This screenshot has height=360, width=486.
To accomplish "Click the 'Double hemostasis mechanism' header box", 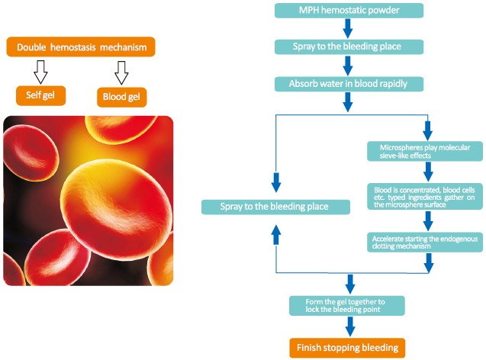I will pos(80,48).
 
